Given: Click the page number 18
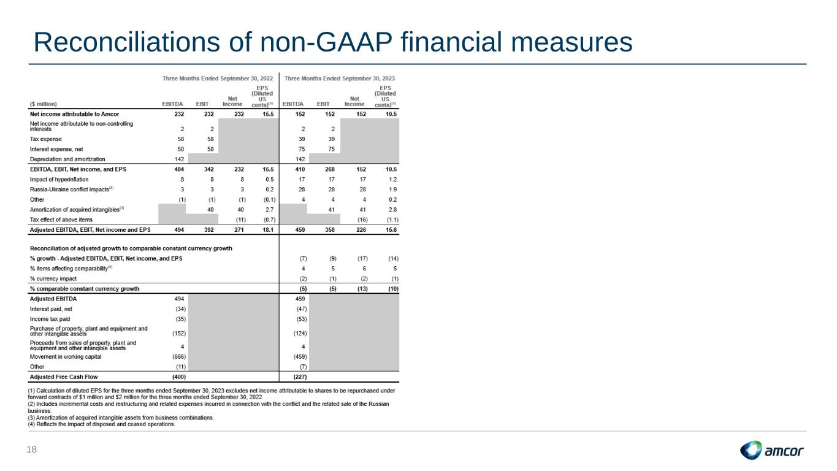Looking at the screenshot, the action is (x=32, y=450).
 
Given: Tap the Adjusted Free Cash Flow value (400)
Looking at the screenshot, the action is (x=179, y=377).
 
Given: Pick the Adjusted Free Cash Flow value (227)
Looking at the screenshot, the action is (x=300, y=377).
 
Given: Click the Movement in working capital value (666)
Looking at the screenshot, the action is (x=179, y=356).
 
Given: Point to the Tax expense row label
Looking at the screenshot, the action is (x=45, y=139).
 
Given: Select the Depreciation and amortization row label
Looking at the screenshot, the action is (x=67, y=159).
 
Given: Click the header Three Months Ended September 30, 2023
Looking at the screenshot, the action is (x=339, y=78).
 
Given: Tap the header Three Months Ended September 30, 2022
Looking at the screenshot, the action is (x=218, y=78).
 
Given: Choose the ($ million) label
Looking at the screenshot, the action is (x=44, y=104).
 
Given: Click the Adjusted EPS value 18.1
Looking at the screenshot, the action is (x=268, y=230).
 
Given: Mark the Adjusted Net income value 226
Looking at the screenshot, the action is (x=361, y=230).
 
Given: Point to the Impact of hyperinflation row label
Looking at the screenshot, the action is (x=59, y=180).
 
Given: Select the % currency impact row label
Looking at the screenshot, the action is (x=53, y=279).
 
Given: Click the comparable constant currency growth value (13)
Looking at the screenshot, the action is (x=362, y=289).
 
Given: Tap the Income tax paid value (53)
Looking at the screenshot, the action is (x=302, y=320).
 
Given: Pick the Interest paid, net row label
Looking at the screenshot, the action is (x=51, y=309).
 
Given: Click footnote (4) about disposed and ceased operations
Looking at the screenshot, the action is (x=101, y=424).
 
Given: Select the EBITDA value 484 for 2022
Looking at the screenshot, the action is (x=179, y=169).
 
